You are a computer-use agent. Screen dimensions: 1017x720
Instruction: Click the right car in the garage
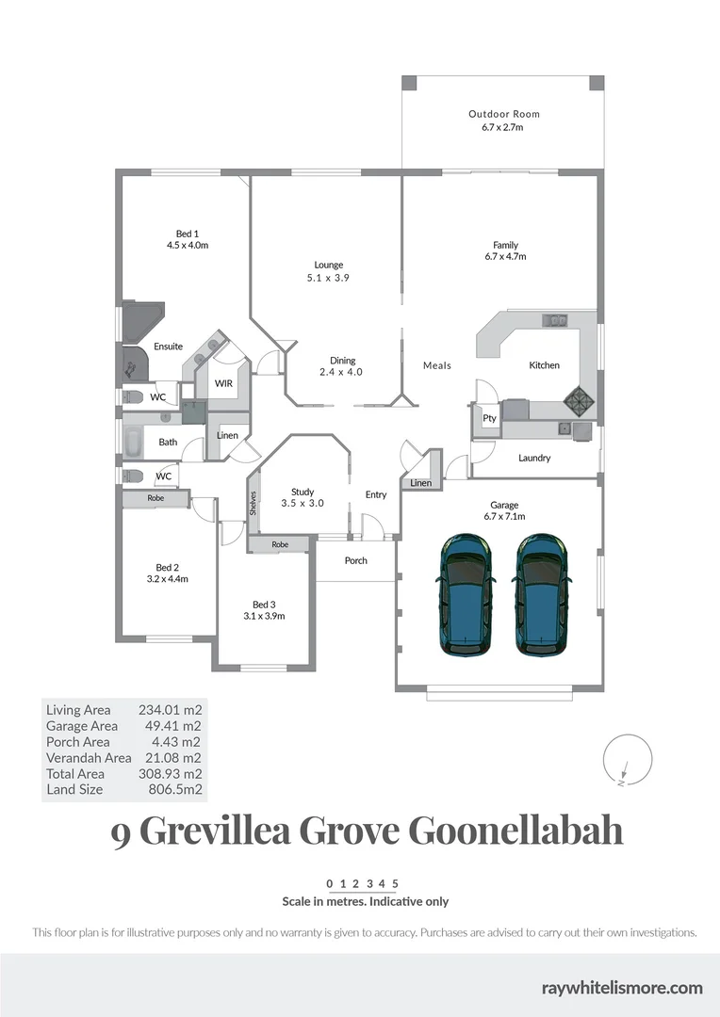pyautogui.click(x=541, y=594)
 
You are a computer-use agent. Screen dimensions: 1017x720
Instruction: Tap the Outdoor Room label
pyautogui.click(x=504, y=114)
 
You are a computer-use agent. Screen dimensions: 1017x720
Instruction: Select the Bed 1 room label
pyautogui.click(x=188, y=234)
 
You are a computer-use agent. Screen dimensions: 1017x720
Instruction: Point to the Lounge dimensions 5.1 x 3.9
pyautogui.click(x=328, y=278)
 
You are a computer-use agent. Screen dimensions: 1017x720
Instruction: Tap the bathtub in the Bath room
pyautogui.click(x=133, y=440)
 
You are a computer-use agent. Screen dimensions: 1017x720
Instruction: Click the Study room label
pyautogui.click(x=303, y=492)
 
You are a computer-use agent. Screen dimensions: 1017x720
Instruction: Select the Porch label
pyautogui.click(x=355, y=560)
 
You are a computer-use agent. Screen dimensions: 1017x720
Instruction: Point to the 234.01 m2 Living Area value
pyautogui.click(x=171, y=710)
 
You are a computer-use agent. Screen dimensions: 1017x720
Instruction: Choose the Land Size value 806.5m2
pyautogui.click(x=171, y=789)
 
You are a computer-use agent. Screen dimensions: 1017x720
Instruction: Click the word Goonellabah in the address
pyautogui.click(x=515, y=833)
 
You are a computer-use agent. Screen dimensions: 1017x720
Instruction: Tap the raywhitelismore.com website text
pyautogui.click(x=622, y=987)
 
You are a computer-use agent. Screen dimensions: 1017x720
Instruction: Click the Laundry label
pyautogui.click(x=534, y=459)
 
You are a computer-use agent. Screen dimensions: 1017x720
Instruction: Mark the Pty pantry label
pyautogui.click(x=489, y=418)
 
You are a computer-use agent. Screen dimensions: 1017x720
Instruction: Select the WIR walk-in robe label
pyautogui.click(x=223, y=383)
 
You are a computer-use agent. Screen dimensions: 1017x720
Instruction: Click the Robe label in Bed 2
pyautogui.click(x=155, y=498)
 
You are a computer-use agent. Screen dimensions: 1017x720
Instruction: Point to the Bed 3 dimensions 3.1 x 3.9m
pyautogui.click(x=264, y=616)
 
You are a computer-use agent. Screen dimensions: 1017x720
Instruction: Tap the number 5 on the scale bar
pyautogui.click(x=396, y=883)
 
